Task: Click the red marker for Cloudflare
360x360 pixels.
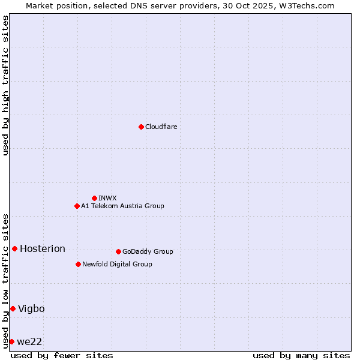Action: tap(141, 127)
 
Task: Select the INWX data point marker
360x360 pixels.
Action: tap(94, 198)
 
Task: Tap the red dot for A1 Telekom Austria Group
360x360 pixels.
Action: tap(77, 206)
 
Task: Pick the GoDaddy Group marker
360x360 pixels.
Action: tap(118, 251)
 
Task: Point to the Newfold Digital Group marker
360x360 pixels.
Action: tap(78, 264)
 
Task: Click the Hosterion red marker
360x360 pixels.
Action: tap(14, 248)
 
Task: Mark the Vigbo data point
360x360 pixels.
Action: tap(13, 308)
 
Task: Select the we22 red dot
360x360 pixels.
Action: tap(11, 341)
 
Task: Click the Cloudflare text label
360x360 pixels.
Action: tap(161, 127)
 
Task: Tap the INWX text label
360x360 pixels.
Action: tap(107, 198)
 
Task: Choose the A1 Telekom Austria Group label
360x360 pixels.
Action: tap(122, 206)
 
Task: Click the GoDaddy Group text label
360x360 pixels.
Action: tap(148, 251)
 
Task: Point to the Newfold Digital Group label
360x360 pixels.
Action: tap(117, 264)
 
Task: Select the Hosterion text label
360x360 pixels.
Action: tap(43, 248)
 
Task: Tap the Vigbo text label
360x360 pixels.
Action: tap(31, 308)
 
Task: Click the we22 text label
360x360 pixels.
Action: tap(29, 341)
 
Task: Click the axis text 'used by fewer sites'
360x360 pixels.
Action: tap(62, 355)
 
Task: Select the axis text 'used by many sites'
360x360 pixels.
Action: tap(301, 355)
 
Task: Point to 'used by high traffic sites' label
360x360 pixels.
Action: tap(5, 85)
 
